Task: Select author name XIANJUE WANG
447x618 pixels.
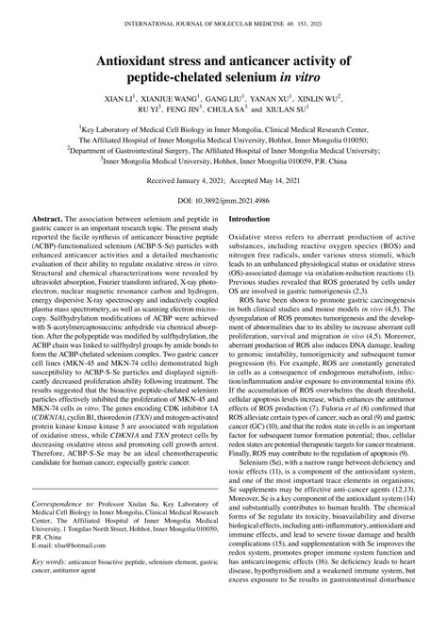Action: point(175,96)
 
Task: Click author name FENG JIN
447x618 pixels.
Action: point(196,109)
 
